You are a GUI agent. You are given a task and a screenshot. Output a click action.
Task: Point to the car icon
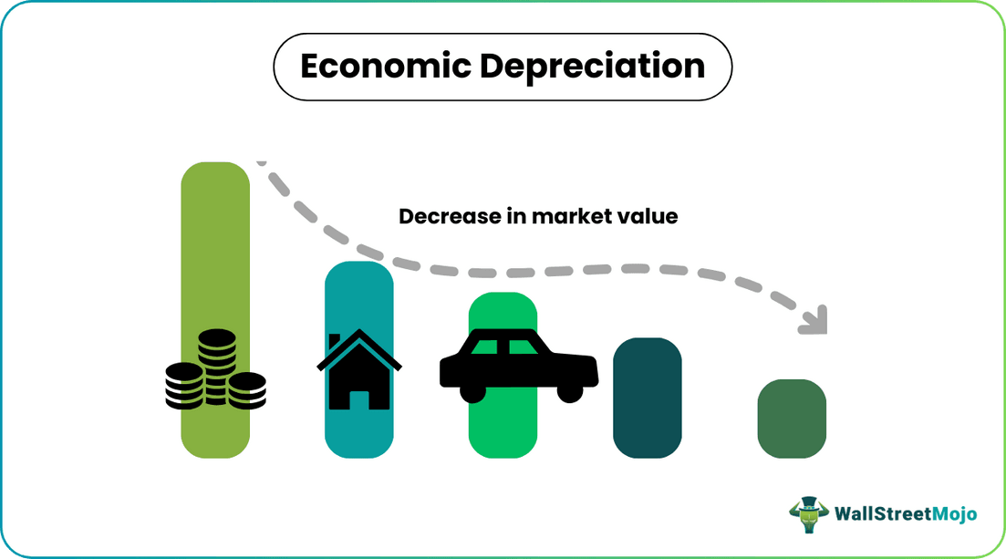point(518,364)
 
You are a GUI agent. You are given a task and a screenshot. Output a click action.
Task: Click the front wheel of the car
point(570,390)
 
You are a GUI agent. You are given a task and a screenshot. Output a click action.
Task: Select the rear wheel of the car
point(473,390)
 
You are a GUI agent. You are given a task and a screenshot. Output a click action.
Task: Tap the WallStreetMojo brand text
point(906,514)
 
